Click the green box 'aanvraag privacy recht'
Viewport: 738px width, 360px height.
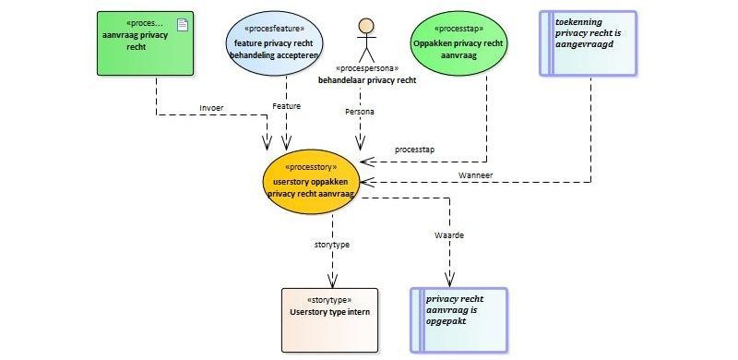(x=145, y=43)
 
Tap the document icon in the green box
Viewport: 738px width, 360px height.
(x=182, y=25)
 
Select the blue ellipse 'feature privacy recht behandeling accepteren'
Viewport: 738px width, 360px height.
(x=274, y=43)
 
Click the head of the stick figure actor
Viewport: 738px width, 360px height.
(x=366, y=26)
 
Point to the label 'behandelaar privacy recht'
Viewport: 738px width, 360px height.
(x=367, y=80)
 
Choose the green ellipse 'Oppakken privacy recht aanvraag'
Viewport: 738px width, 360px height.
(x=458, y=43)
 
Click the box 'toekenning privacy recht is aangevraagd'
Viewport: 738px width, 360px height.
(x=588, y=43)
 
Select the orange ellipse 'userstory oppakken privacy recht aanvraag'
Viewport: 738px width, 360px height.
(x=311, y=182)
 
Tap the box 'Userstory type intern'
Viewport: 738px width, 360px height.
(x=329, y=320)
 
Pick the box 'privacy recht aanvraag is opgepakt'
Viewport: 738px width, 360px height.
(x=458, y=320)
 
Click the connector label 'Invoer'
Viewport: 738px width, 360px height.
(x=211, y=107)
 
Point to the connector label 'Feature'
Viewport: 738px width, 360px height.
(x=286, y=106)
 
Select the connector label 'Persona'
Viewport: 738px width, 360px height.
(x=360, y=112)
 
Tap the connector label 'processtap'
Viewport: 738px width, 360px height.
(x=414, y=150)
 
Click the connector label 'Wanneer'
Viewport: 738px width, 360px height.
(x=475, y=174)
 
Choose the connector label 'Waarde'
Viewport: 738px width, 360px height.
(x=449, y=235)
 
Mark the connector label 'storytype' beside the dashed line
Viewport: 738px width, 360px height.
(x=332, y=245)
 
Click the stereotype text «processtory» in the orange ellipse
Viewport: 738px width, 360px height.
(x=311, y=167)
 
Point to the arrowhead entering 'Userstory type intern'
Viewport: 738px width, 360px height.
(x=333, y=282)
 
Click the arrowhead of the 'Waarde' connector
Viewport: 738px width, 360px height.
(x=449, y=282)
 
